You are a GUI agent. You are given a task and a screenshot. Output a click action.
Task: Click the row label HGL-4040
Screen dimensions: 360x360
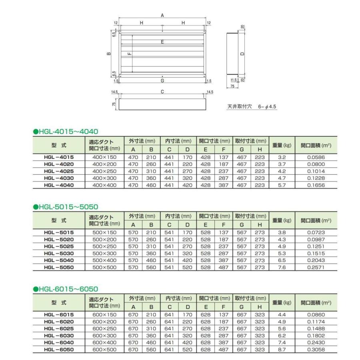[x=59, y=185]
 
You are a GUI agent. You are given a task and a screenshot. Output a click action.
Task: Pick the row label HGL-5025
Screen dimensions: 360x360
[x=59, y=246]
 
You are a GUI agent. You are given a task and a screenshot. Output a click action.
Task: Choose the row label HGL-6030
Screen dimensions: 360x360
[x=59, y=336]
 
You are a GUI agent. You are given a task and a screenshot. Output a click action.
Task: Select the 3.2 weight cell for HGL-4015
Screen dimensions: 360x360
[x=282, y=157]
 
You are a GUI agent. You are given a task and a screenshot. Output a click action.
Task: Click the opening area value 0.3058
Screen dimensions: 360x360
[x=316, y=350]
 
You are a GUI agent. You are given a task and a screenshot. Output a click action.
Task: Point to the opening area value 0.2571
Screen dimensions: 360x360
[x=316, y=268]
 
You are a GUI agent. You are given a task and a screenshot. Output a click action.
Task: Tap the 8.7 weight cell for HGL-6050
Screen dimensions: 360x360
[x=282, y=350]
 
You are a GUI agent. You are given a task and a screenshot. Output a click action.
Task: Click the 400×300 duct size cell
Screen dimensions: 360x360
[x=104, y=178]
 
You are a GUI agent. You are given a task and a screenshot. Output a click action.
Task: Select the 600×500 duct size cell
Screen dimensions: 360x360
[x=104, y=350]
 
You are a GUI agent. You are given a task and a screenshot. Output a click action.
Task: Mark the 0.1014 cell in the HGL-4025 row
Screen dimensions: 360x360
[x=316, y=171]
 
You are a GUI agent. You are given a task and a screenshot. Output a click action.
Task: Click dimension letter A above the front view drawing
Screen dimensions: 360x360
[x=162, y=15]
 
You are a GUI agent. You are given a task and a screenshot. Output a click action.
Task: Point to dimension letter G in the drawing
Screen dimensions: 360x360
[x=162, y=81]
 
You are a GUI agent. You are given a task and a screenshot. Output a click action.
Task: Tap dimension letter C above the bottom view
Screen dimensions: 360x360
[x=162, y=92]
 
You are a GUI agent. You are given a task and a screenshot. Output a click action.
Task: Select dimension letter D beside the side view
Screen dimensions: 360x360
[x=242, y=54]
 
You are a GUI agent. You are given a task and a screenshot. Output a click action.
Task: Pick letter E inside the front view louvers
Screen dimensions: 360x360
[x=162, y=42]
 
